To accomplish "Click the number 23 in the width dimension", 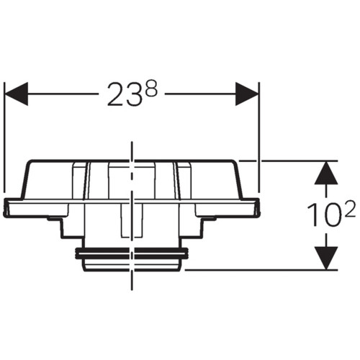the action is [124, 94].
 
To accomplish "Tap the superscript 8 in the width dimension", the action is [151, 88].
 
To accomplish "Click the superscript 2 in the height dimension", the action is [348, 209].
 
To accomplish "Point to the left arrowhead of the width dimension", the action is [17, 94].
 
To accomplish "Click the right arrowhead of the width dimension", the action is [247, 94].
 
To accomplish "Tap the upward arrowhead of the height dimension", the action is [326, 173].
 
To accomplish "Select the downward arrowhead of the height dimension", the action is [326, 258].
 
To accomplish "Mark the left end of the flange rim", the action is [6, 207].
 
